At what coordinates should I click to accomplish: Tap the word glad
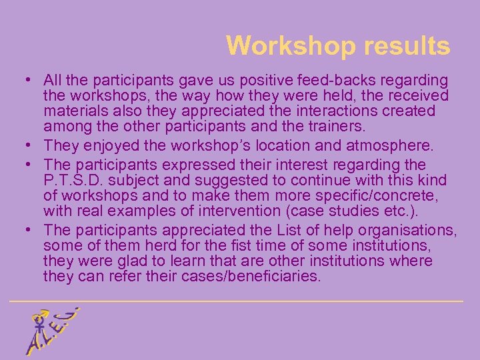point(132,261)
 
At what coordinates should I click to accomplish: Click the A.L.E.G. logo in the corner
point(49,331)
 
